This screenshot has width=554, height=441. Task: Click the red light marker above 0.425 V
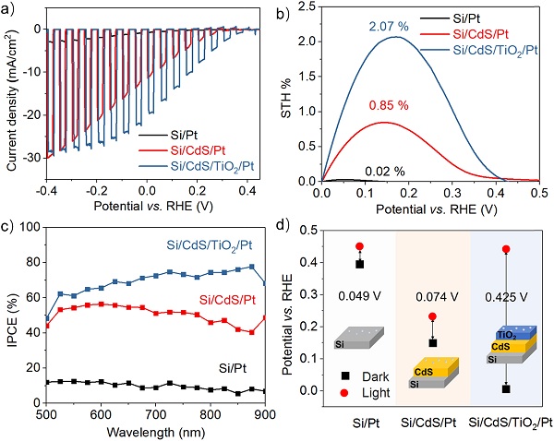point(506,249)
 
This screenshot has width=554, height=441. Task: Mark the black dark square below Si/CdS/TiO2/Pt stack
point(506,389)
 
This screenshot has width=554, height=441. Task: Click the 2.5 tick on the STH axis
point(307,6)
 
